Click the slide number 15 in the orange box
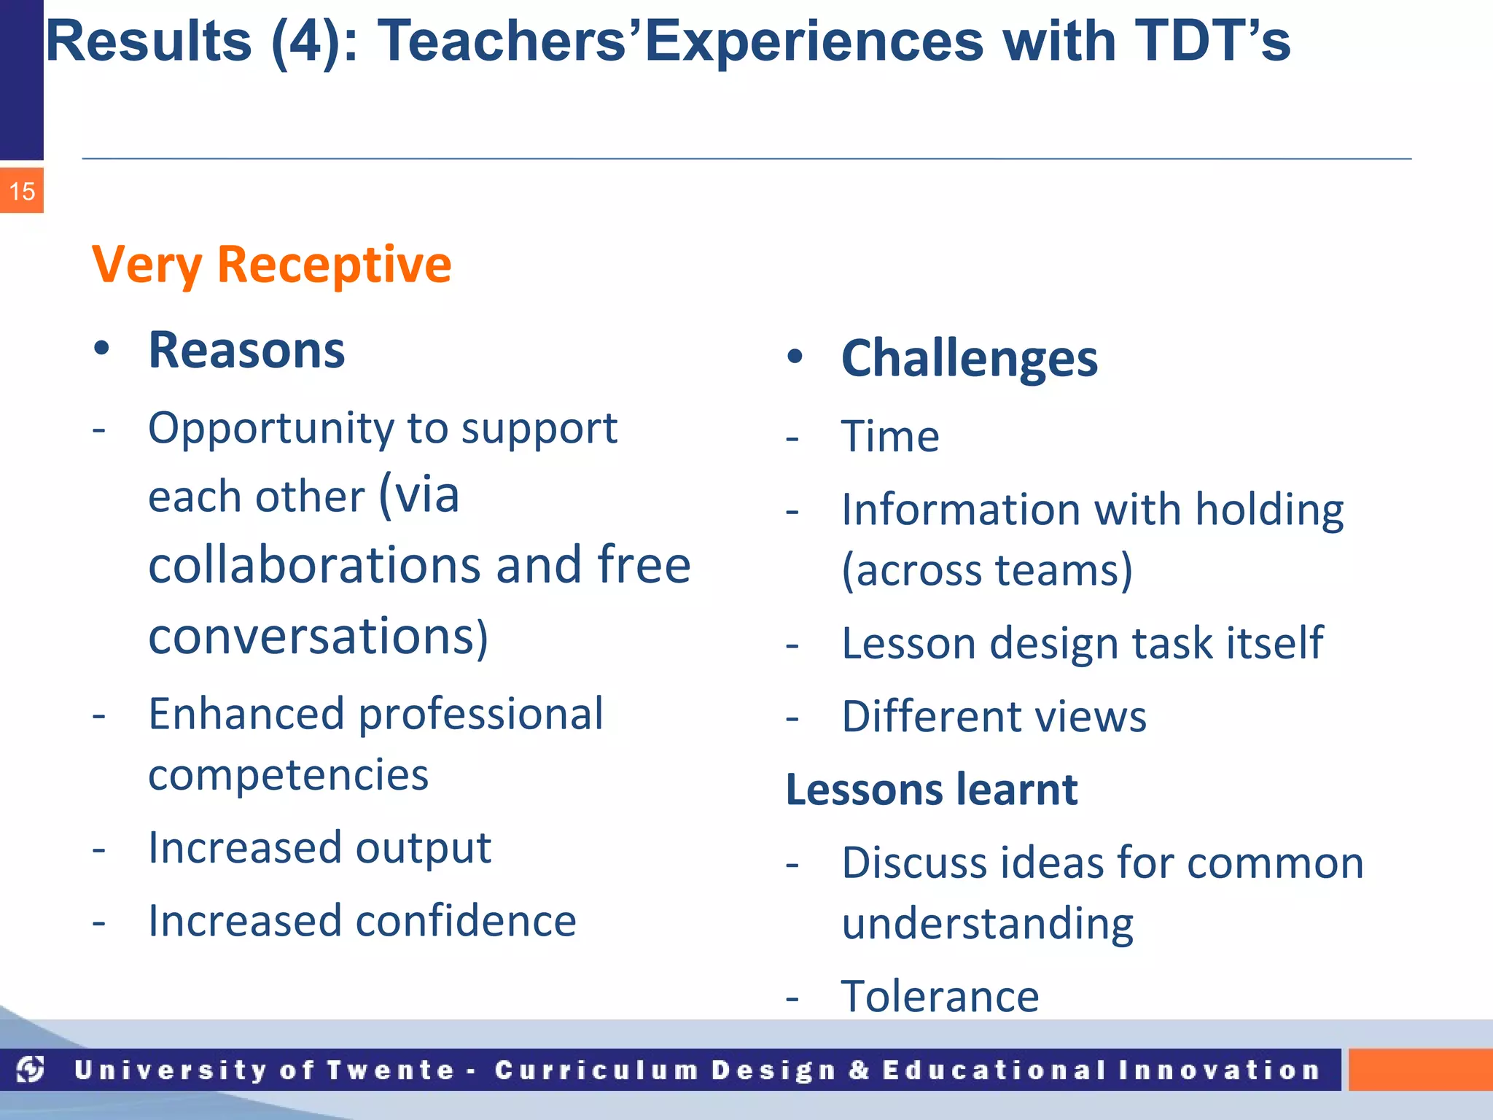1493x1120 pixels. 22,192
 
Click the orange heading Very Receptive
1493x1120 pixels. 271,264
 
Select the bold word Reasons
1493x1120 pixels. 246,351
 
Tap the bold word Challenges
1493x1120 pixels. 969,359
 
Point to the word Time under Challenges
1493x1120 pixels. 890,437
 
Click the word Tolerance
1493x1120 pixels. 940,996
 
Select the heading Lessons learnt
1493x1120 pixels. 931,790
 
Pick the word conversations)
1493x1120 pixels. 318,637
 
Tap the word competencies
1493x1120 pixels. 288,775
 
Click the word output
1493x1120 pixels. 423,848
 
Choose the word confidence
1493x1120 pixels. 466,921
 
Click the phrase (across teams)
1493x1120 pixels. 987,569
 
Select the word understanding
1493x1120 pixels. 987,924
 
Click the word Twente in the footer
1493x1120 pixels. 390,1070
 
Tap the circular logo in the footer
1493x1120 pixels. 31,1070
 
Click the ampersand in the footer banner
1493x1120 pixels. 859,1070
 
